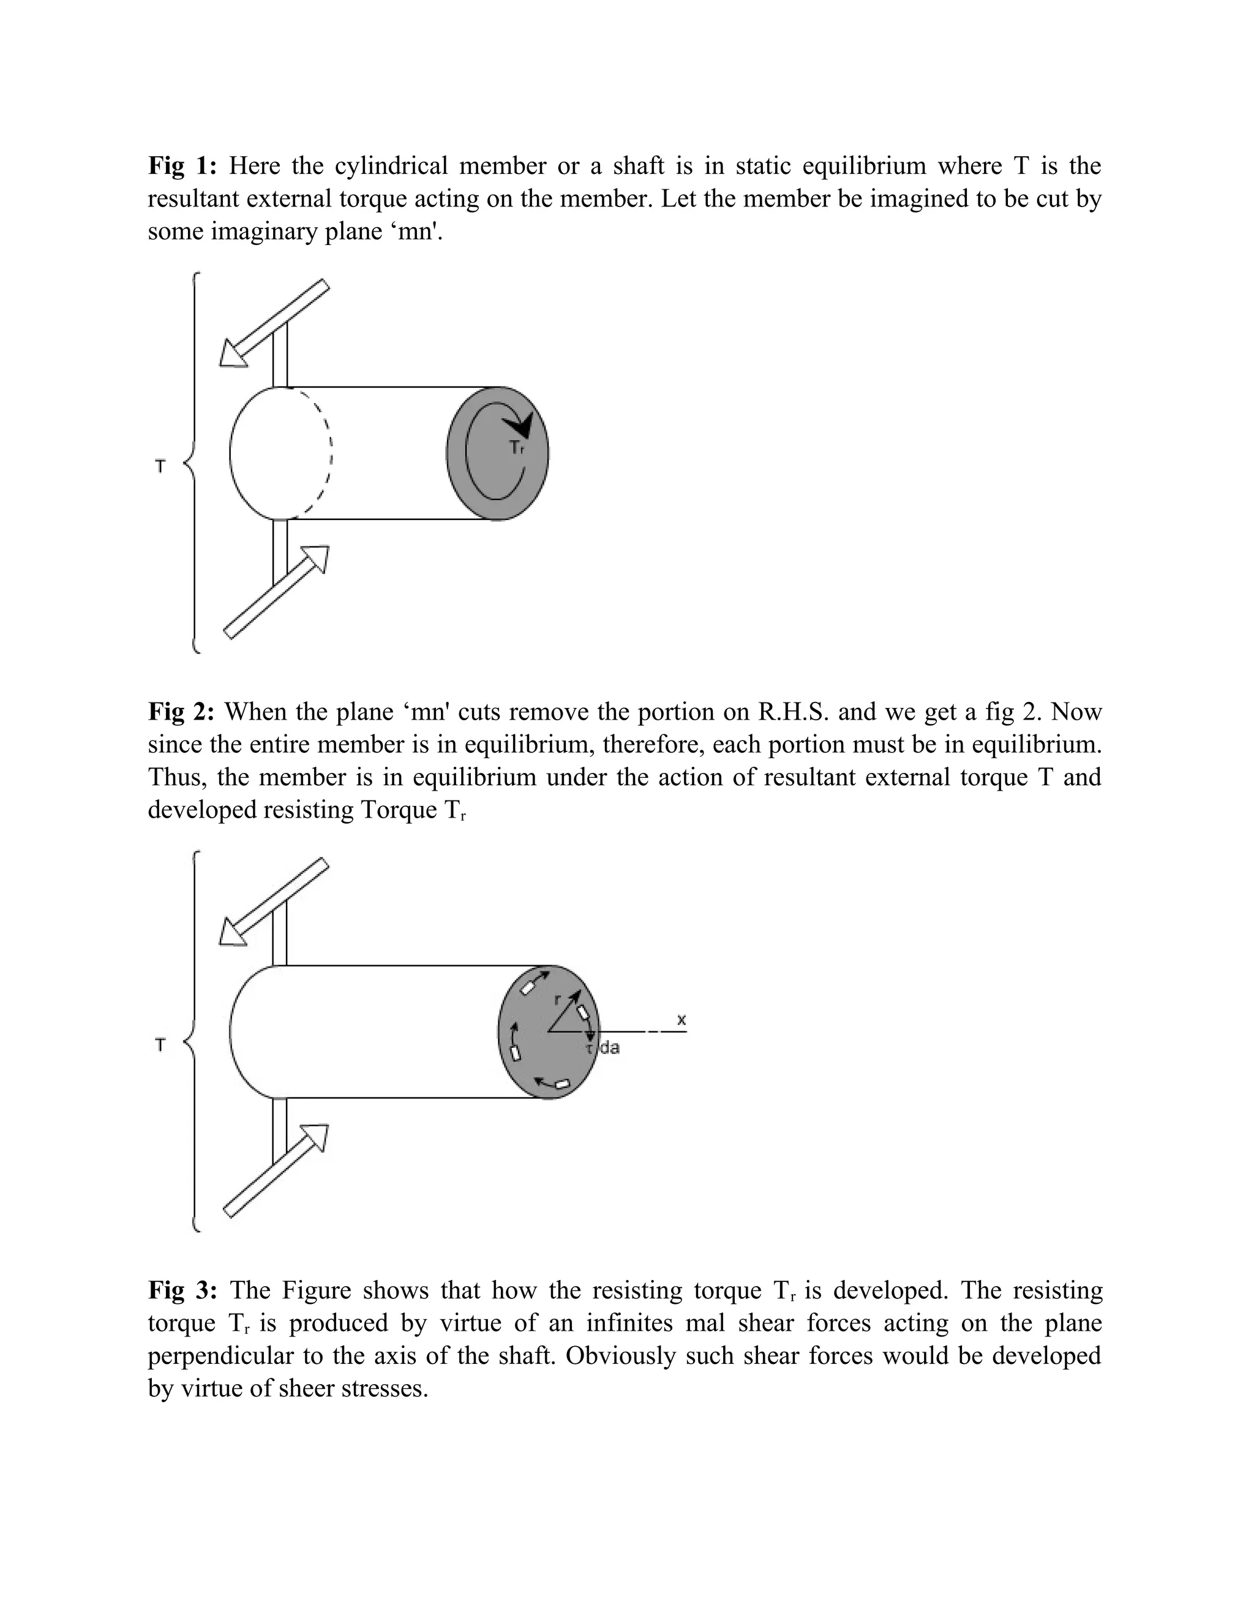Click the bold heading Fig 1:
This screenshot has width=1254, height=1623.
tap(182, 166)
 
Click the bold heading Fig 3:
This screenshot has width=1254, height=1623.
tap(182, 1291)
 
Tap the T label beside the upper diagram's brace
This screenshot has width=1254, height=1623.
tap(160, 467)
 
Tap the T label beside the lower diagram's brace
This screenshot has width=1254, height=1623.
tap(160, 1045)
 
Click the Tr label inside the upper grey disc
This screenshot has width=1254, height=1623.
tap(516, 447)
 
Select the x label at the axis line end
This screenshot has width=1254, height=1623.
tap(681, 1020)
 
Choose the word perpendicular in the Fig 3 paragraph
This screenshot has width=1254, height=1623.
tap(219, 1355)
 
